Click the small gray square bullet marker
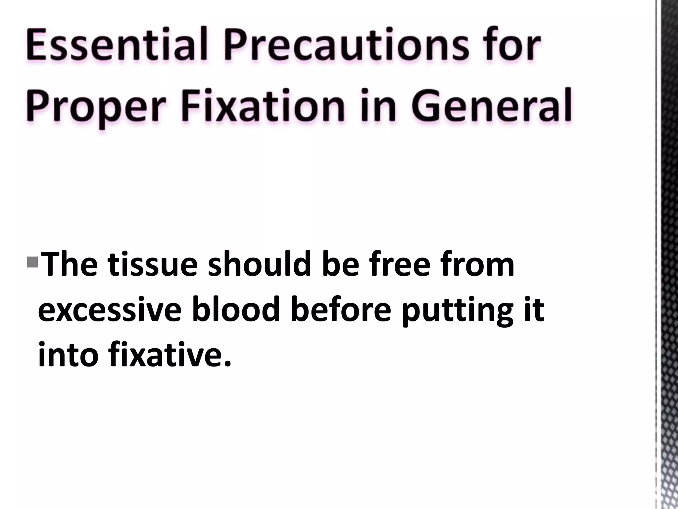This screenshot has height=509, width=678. pyautogui.click(x=32, y=254)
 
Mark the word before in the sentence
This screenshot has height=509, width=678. pyautogui.click(x=341, y=310)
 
